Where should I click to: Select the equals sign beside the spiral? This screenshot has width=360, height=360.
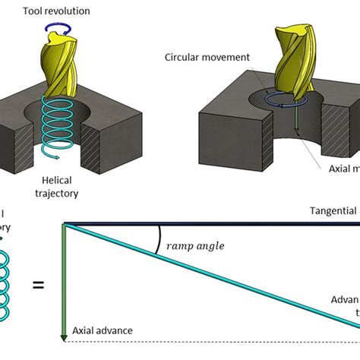coord(37,285)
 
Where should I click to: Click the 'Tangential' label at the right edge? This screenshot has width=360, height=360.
coord(333,211)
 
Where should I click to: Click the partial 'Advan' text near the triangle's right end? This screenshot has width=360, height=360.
coord(345,299)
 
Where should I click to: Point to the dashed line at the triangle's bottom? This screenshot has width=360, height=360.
coord(213,340)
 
